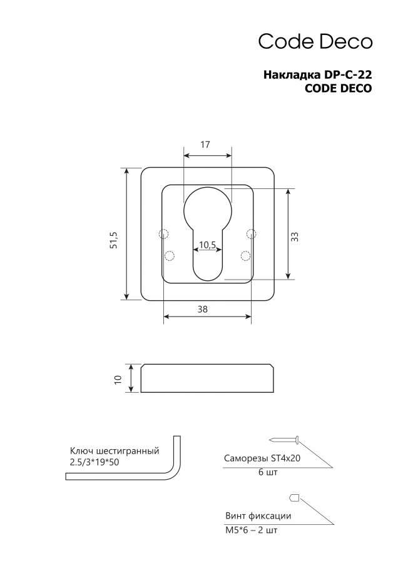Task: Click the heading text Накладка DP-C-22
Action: tap(317, 74)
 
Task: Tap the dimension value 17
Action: tap(205, 145)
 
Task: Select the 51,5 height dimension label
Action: tap(114, 240)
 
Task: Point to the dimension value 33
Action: tap(295, 236)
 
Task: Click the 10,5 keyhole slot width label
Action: tap(207, 245)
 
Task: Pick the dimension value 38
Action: tap(203, 309)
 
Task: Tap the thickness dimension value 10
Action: tap(118, 378)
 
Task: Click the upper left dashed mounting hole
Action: tap(163, 234)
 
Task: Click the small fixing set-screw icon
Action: tap(294, 498)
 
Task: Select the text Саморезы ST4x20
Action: tap(262, 458)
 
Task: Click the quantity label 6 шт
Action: tap(268, 472)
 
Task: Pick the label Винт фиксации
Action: tap(258, 516)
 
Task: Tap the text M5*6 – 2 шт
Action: tap(252, 530)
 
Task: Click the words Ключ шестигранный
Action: tap(115, 451)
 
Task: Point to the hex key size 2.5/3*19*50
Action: tap(94, 462)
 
